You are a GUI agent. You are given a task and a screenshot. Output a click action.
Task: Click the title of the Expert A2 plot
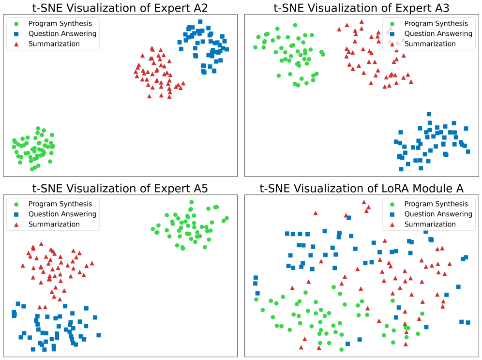click(x=120, y=7)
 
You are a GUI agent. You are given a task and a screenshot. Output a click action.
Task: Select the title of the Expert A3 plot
click(x=361, y=7)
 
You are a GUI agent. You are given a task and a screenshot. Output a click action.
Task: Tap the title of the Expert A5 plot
click(x=120, y=188)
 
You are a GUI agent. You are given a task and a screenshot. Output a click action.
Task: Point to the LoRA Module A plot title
click(x=361, y=188)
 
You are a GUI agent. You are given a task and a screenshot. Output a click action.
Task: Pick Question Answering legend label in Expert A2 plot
click(x=62, y=34)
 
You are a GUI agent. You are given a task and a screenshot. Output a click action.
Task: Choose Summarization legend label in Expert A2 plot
click(x=54, y=44)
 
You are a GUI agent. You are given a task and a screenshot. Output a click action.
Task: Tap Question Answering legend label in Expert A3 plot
click(x=438, y=34)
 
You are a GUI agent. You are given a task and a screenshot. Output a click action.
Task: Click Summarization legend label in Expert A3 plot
click(x=430, y=44)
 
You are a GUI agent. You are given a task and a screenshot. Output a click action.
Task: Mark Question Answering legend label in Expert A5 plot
click(x=62, y=214)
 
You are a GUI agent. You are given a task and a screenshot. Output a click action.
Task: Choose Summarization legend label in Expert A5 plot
click(x=54, y=225)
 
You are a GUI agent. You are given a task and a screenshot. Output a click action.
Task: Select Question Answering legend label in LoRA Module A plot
click(x=438, y=214)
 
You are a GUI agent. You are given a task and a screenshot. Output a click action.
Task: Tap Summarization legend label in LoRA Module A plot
click(x=430, y=225)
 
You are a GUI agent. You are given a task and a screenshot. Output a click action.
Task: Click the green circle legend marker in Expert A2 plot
click(x=17, y=24)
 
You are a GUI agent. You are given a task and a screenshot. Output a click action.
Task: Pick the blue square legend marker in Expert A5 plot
click(x=17, y=214)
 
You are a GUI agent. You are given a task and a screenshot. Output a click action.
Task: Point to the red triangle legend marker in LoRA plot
click(x=392, y=225)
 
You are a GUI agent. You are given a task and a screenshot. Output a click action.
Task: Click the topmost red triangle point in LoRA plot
click(x=364, y=202)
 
